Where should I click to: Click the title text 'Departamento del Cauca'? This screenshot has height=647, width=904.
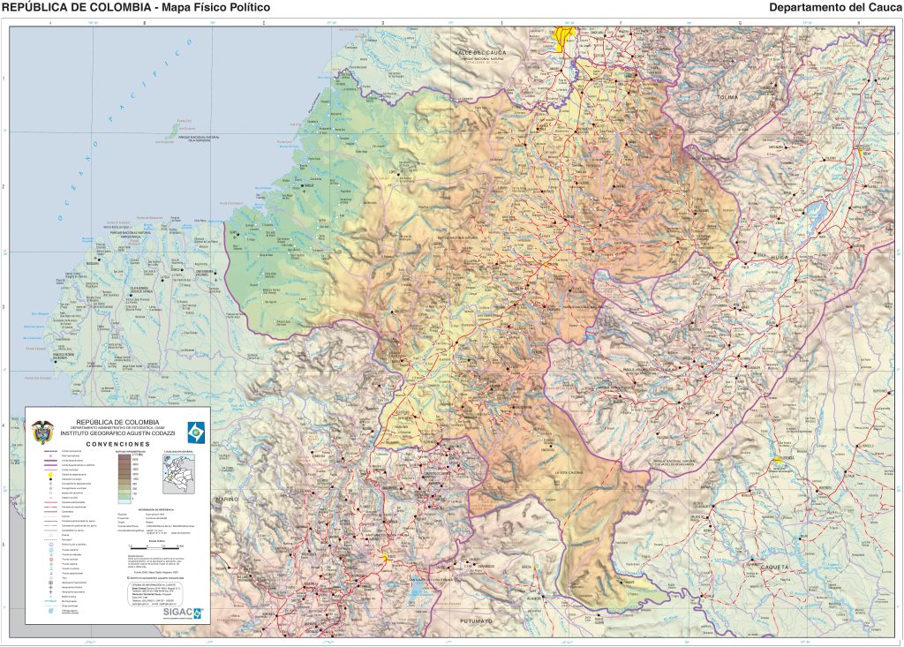click(835, 8)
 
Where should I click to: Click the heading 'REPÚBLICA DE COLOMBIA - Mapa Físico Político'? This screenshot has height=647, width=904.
click(136, 8)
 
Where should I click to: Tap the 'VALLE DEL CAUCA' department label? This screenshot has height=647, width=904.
click(478, 53)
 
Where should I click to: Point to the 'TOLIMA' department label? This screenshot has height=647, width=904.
click(727, 96)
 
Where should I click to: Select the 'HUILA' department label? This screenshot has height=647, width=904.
click(779, 257)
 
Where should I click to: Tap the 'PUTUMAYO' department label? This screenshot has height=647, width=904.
click(476, 621)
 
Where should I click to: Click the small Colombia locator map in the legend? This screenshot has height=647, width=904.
click(178, 474)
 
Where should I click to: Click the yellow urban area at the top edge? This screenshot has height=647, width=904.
click(563, 34)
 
